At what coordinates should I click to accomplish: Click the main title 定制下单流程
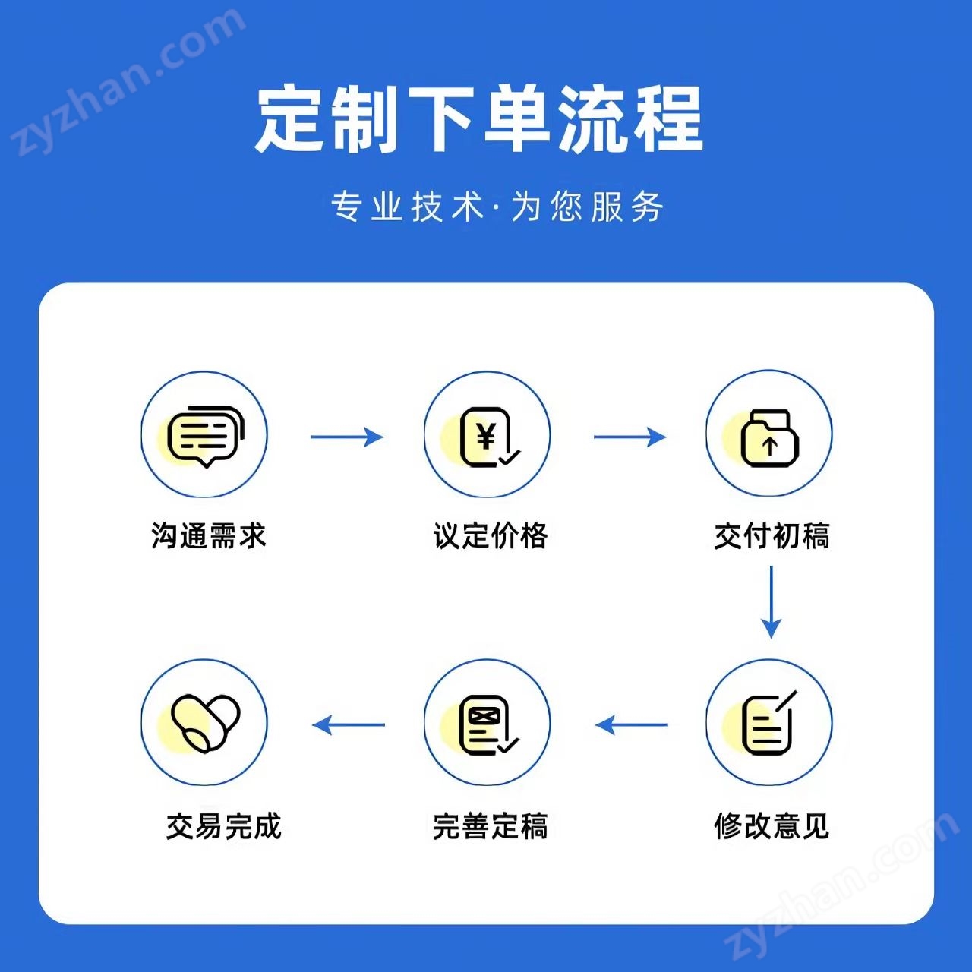[479, 119]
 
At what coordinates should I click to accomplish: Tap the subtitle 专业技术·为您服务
[497, 207]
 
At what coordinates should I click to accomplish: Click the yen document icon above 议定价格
[489, 437]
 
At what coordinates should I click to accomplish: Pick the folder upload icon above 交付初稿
[770, 437]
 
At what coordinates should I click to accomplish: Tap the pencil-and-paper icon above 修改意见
[769, 722]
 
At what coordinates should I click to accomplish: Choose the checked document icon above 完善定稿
[488, 725]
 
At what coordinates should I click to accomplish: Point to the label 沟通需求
[208, 535]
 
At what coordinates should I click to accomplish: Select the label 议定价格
[491, 535]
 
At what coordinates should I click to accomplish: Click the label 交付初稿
[772, 535]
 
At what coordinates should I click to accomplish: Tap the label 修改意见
[772, 825]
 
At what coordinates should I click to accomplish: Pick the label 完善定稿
[491, 825]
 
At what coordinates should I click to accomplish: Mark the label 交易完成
[223, 825]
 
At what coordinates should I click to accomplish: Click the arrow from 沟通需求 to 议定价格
[347, 437]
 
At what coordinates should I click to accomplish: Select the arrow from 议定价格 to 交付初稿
[630, 437]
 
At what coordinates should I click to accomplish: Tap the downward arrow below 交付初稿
[772, 602]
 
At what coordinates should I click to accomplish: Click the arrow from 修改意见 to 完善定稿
[632, 725]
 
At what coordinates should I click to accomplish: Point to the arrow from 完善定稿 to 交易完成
[349, 725]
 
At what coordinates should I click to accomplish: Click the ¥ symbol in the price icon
[486, 435]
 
